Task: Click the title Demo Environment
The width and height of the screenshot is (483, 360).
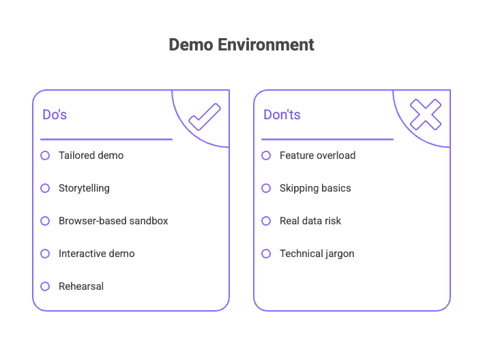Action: click(x=241, y=45)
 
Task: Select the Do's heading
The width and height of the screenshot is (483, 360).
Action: click(x=55, y=115)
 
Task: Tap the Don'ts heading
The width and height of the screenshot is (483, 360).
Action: click(x=282, y=115)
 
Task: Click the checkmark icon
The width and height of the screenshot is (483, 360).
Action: click(x=205, y=117)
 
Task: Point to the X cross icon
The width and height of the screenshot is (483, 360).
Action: click(x=426, y=115)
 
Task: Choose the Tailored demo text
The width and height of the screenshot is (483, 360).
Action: click(x=91, y=155)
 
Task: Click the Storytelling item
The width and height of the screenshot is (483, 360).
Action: click(x=84, y=188)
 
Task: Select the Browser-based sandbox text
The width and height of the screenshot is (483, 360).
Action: click(x=113, y=221)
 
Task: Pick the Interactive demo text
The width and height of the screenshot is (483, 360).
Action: click(x=96, y=254)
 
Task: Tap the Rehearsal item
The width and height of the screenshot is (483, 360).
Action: click(x=81, y=286)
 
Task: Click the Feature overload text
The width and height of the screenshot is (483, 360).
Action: click(x=317, y=155)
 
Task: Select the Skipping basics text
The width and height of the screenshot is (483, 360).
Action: click(x=315, y=188)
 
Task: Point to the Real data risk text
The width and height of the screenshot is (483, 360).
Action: click(x=310, y=221)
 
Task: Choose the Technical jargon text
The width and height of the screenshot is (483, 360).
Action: click(x=317, y=254)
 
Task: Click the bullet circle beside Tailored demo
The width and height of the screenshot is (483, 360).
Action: click(x=45, y=155)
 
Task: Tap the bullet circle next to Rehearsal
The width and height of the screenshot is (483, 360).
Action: click(x=45, y=286)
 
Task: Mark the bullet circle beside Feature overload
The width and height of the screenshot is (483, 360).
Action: click(x=266, y=155)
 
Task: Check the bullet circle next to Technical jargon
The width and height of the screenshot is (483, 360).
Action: click(x=266, y=254)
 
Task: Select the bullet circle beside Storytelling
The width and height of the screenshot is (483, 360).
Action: click(x=45, y=188)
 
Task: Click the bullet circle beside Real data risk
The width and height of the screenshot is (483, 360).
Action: click(x=266, y=221)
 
